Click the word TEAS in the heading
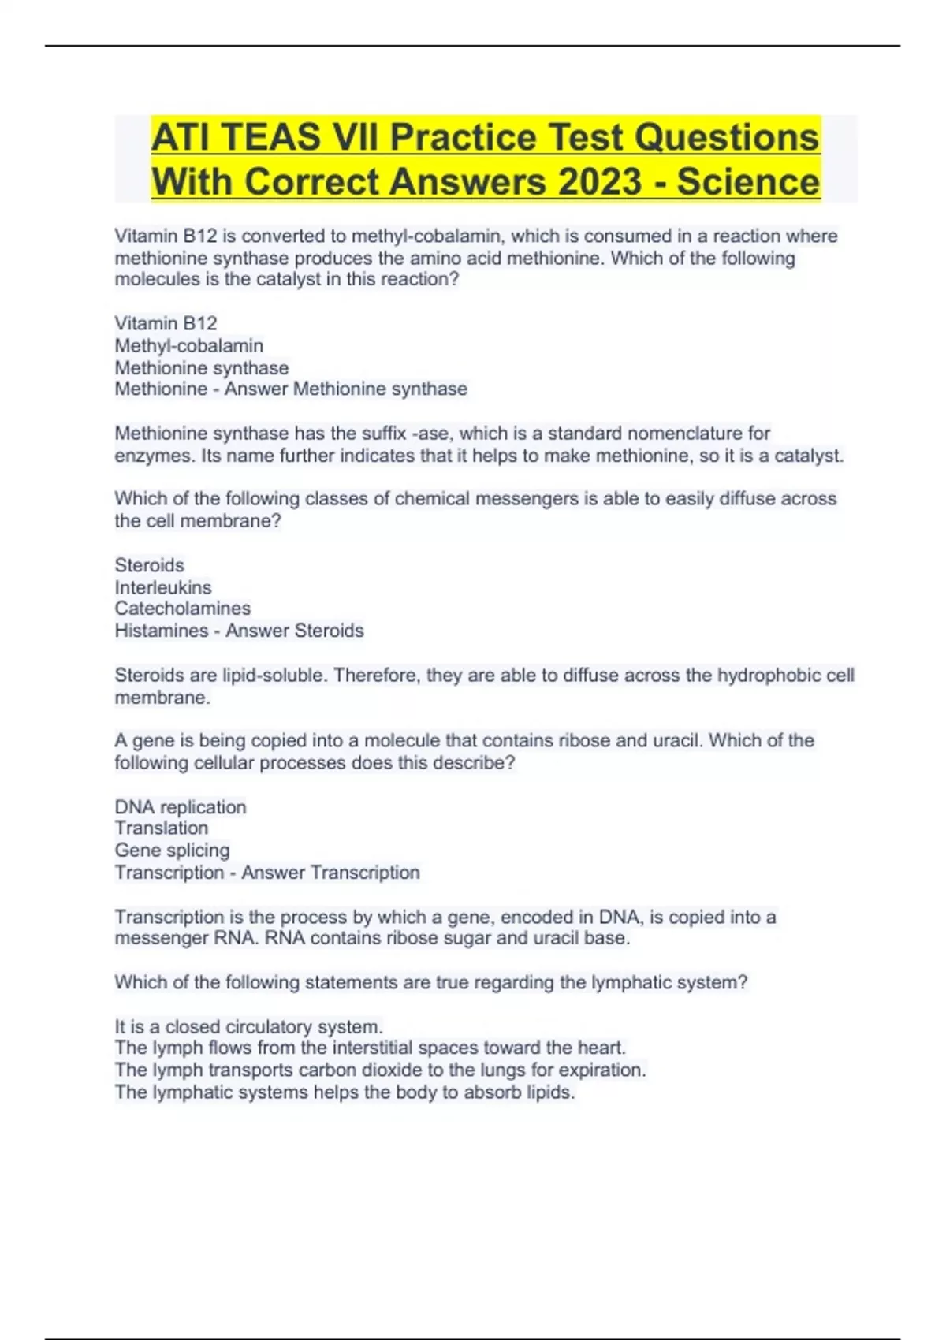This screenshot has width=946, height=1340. pyautogui.click(x=270, y=137)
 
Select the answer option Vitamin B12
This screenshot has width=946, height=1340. pyautogui.click(x=166, y=323)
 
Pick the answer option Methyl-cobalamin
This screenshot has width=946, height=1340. pyautogui.click(x=189, y=345)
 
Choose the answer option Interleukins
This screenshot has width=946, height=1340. pyautogui.click(x=163, y=587)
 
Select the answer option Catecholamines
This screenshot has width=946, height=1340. pyautogui.click(x=183, y=609)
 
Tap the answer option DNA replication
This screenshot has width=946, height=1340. pyautogui.click(x=181, y=807)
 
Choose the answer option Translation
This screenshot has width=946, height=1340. pyautogui.click(x=162, y=828)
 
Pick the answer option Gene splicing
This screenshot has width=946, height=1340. pyautogui.click(x=173, y=850)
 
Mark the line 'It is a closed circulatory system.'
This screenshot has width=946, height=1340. pyautogui.click(x=249, y=1026)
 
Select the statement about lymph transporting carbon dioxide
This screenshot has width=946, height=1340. pyautogui.click(x=380, y=1070)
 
